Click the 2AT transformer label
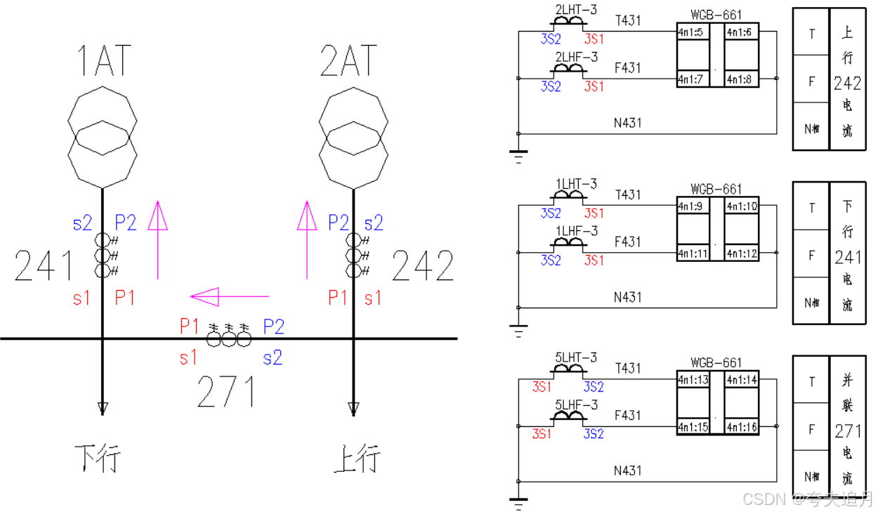pos(348,60)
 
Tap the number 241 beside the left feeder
pos(44,266)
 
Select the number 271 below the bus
pos(226,392)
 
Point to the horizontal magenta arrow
pos(230,297)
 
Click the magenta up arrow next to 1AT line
pos(157,239)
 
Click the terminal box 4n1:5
pos(690,32)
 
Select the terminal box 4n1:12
pos(742,253)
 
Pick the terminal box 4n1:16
pos(742,427)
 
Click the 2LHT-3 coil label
pos(576,10)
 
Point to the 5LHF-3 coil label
pos(576,404)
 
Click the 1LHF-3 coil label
pos(576,231)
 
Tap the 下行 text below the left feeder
pos(98,458)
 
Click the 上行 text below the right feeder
pos(357,458)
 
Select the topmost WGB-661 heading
pos(716,15)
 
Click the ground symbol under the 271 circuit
pos(518,502)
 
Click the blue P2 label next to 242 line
pos(338,223)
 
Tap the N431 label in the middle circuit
pos(628,296)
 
